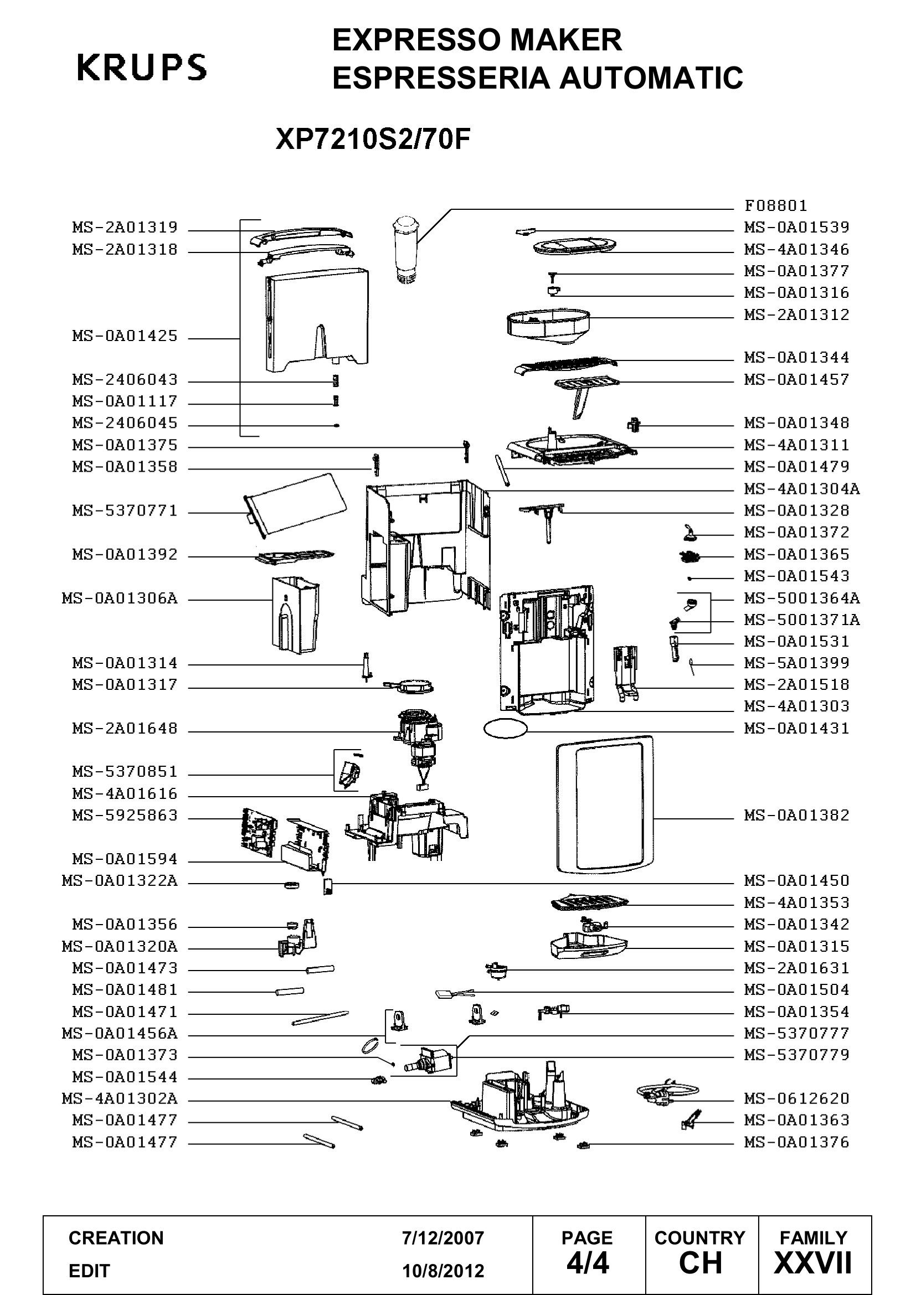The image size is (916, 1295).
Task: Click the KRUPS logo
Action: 142,68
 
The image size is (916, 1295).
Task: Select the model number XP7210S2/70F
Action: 373,140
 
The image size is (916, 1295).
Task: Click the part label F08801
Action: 775,205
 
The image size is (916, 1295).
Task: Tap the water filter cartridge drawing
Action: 402,248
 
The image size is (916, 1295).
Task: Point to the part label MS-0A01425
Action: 125,336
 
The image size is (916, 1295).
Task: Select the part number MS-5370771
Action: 125,511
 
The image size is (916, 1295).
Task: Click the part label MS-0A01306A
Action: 120,599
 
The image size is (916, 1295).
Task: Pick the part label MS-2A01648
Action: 125,729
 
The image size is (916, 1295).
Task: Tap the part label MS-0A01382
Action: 796,816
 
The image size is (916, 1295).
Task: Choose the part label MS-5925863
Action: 125,816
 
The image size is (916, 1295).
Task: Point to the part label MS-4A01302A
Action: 120,1100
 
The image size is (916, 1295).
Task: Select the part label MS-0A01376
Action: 796,1143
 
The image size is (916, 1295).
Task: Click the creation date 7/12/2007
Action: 443,1238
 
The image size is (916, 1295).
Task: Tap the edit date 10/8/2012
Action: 443,1271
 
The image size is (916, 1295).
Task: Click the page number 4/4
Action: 587,1263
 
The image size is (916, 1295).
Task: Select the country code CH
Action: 700,1263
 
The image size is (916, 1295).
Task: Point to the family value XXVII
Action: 813,1263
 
